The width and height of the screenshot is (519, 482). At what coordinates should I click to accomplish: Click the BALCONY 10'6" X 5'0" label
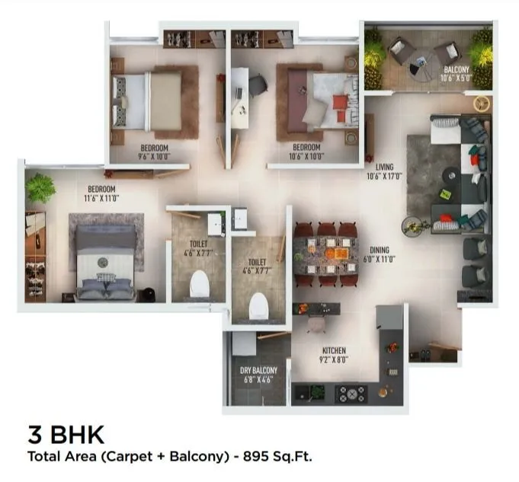[457, 74]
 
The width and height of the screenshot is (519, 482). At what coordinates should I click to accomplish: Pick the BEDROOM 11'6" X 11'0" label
[101, 193]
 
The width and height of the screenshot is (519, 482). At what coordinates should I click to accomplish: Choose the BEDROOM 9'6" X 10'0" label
[154, 152]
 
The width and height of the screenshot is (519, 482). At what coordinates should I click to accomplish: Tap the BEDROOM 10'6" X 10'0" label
[306, 152]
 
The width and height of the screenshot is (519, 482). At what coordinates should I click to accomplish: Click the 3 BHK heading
[66, 436]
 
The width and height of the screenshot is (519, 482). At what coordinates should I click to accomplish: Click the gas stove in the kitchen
[351, 394]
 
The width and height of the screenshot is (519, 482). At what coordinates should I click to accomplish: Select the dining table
[326, 254]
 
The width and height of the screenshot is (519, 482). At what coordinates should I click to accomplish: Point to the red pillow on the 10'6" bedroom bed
[340, 101]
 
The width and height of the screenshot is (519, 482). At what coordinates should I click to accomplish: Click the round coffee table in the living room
[451, 174]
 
